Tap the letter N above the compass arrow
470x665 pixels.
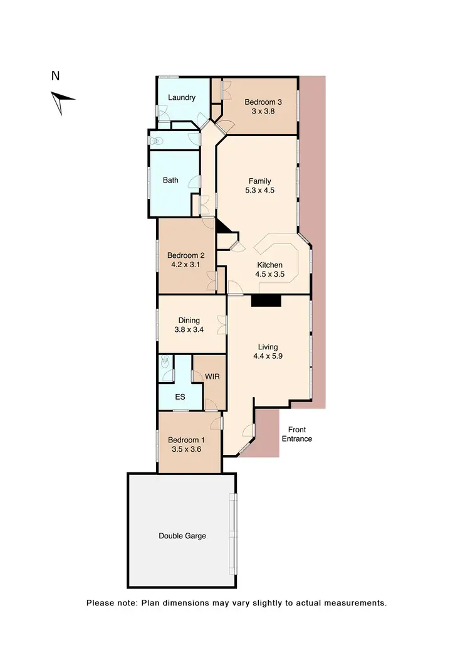[x=55, y=77]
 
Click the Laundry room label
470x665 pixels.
[x=182, y=97]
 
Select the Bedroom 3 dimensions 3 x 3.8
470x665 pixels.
[x=260, y=111]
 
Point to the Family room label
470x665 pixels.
[x=259, y=181]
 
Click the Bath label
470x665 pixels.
[x=170, y=180]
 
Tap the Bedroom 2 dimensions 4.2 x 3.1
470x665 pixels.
[x=185, y=265]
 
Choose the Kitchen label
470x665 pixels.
[x=269, y=265]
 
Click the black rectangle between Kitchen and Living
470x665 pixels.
[x=266, y=301]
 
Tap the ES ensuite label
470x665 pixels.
[x=180, y=397]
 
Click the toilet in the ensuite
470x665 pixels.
[x=165, y=362]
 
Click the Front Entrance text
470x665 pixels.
[x=296, y=434]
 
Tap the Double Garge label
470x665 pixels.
[x=182, y=536]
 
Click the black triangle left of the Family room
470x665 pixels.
[x=221, y=228]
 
